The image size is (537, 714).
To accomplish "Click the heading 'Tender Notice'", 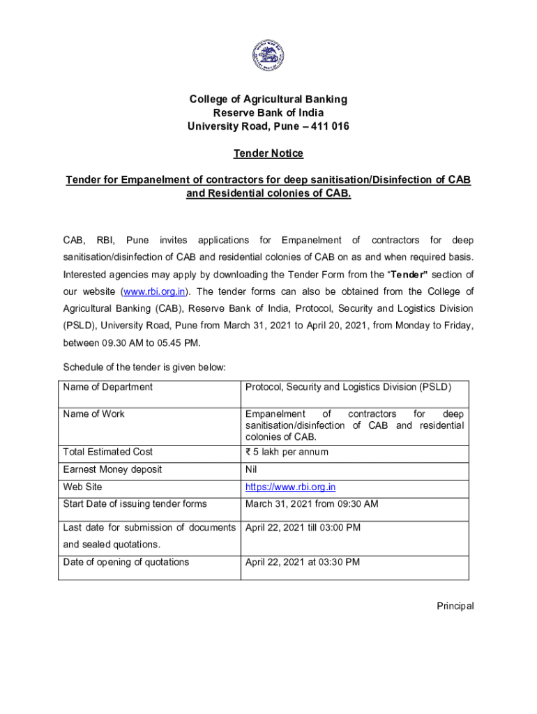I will point(268,153).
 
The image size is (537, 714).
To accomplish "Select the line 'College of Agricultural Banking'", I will point(268,99).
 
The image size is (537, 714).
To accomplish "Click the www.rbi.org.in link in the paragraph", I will point(156,291).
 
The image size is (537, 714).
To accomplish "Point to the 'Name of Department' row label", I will point(107,386).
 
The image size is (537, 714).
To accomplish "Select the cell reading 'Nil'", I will point(252,469).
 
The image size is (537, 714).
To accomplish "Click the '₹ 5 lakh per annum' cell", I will point(287,452).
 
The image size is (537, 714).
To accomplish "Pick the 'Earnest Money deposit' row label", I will point(112,469).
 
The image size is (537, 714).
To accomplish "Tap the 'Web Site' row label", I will point(82,487).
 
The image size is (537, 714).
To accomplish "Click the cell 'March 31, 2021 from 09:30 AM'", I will point(312,504).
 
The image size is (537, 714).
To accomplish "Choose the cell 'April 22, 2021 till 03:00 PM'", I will point(303,527).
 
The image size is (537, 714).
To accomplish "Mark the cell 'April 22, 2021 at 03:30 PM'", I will point(303,562).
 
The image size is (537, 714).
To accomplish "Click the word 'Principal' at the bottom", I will point(455,606).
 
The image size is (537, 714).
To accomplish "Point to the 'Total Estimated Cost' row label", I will point(107,452).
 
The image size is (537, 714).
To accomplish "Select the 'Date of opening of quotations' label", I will point(126,562).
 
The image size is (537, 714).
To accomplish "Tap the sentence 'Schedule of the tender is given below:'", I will point(144,367).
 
